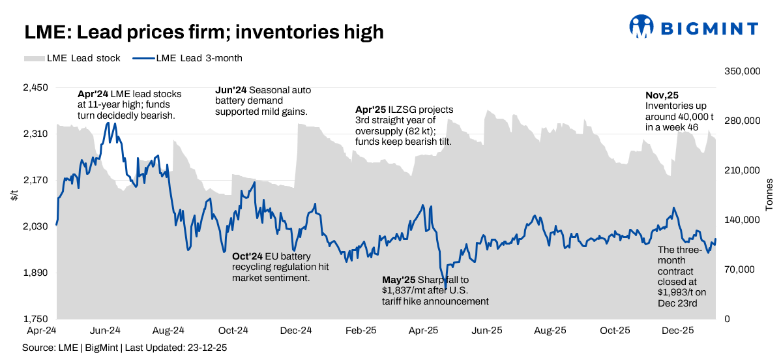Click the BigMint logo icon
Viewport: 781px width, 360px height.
pyautogui.click(x=641, y=27)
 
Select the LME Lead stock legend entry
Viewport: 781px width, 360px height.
pyautogui.click(x=72, y=58)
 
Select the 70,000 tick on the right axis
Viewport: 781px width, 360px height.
pyautogui.click(x=739, y=269)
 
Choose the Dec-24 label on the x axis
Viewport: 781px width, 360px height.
pyautogui.click(x=297, y=331)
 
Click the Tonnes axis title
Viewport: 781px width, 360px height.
pyautogui.click(x=770, y=194)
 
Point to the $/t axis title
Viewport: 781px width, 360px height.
pyautogui.click(x=14, y=194)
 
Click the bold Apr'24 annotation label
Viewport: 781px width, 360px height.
pyautogui.click(x=93, y=94)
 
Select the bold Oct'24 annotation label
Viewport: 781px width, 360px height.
pyautogui.click(x=246, y=256)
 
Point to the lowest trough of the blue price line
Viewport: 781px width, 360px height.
pyautogui.click(x=446, y=288)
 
